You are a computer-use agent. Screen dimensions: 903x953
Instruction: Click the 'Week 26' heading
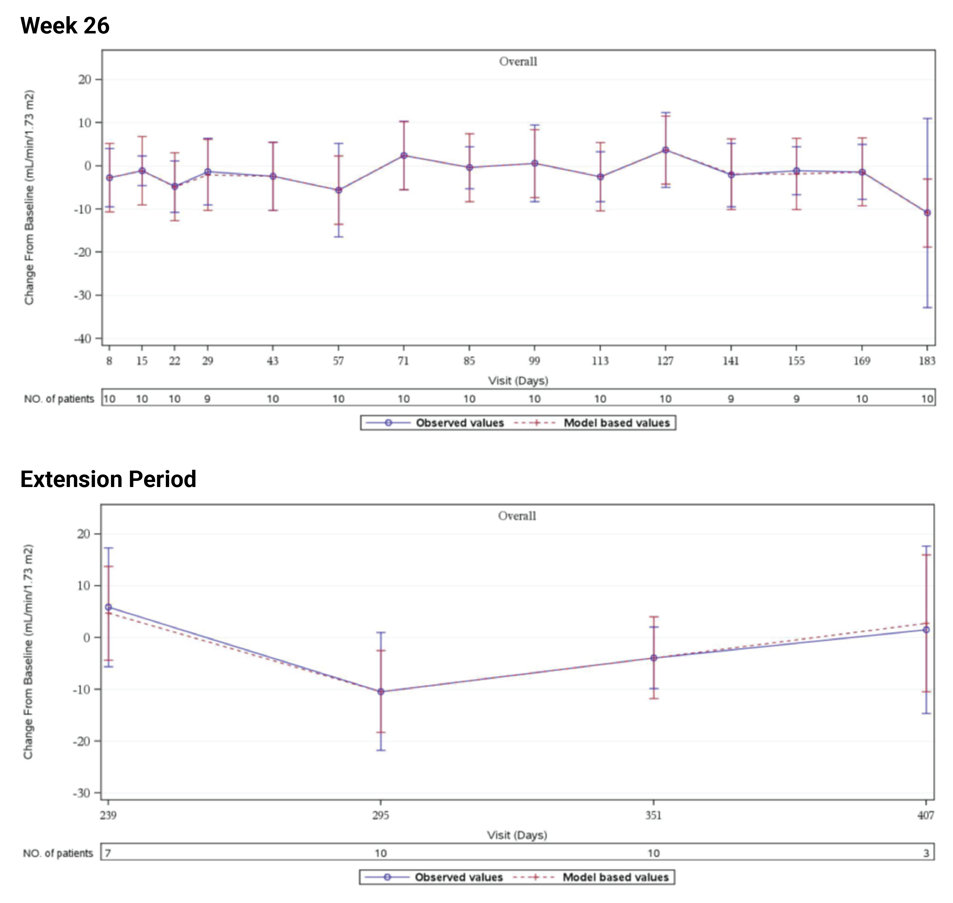coord(65,26)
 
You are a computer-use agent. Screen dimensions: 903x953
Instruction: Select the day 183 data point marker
coord(927,213)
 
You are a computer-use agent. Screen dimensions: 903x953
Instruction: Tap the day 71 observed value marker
coord(404,155)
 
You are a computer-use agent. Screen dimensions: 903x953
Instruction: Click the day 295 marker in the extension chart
coord(381,692)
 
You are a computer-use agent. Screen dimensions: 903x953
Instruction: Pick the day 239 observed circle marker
coord(108,607)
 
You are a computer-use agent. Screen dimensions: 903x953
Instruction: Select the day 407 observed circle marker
coord(926,630)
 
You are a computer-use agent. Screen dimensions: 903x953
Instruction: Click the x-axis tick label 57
coord(338,361)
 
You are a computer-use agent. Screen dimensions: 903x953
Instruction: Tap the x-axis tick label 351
coord(653,816)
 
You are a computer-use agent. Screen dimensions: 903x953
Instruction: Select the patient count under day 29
coord(207,399)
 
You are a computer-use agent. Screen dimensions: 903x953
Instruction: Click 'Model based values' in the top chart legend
coord(617,423)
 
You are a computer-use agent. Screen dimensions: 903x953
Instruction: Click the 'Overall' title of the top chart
coord(518,62)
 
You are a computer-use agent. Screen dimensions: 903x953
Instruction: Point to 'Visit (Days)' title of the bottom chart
coord(517,835)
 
